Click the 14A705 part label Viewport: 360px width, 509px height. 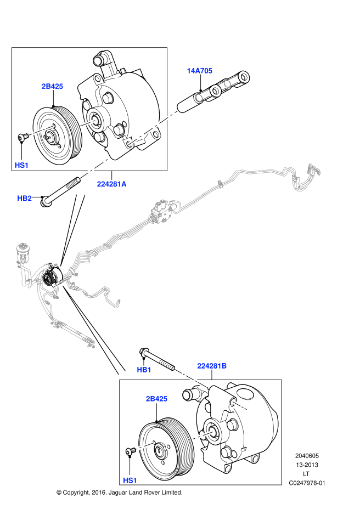[200, 71]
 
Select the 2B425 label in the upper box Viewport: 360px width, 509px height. [53, 86]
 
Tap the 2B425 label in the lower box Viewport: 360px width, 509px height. [156, 399]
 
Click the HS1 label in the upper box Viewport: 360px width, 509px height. [21, 165]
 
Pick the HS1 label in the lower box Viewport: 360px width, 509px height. [130, 480]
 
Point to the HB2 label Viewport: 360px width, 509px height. [25, 198]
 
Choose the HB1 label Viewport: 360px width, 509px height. [144, 370]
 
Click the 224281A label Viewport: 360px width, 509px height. [112, 184]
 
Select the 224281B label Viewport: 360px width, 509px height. [212, 365]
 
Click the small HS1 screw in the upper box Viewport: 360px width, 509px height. [22, 137]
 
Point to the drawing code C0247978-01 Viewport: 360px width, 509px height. [307, 483]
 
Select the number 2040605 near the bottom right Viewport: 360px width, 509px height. [307, 455]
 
